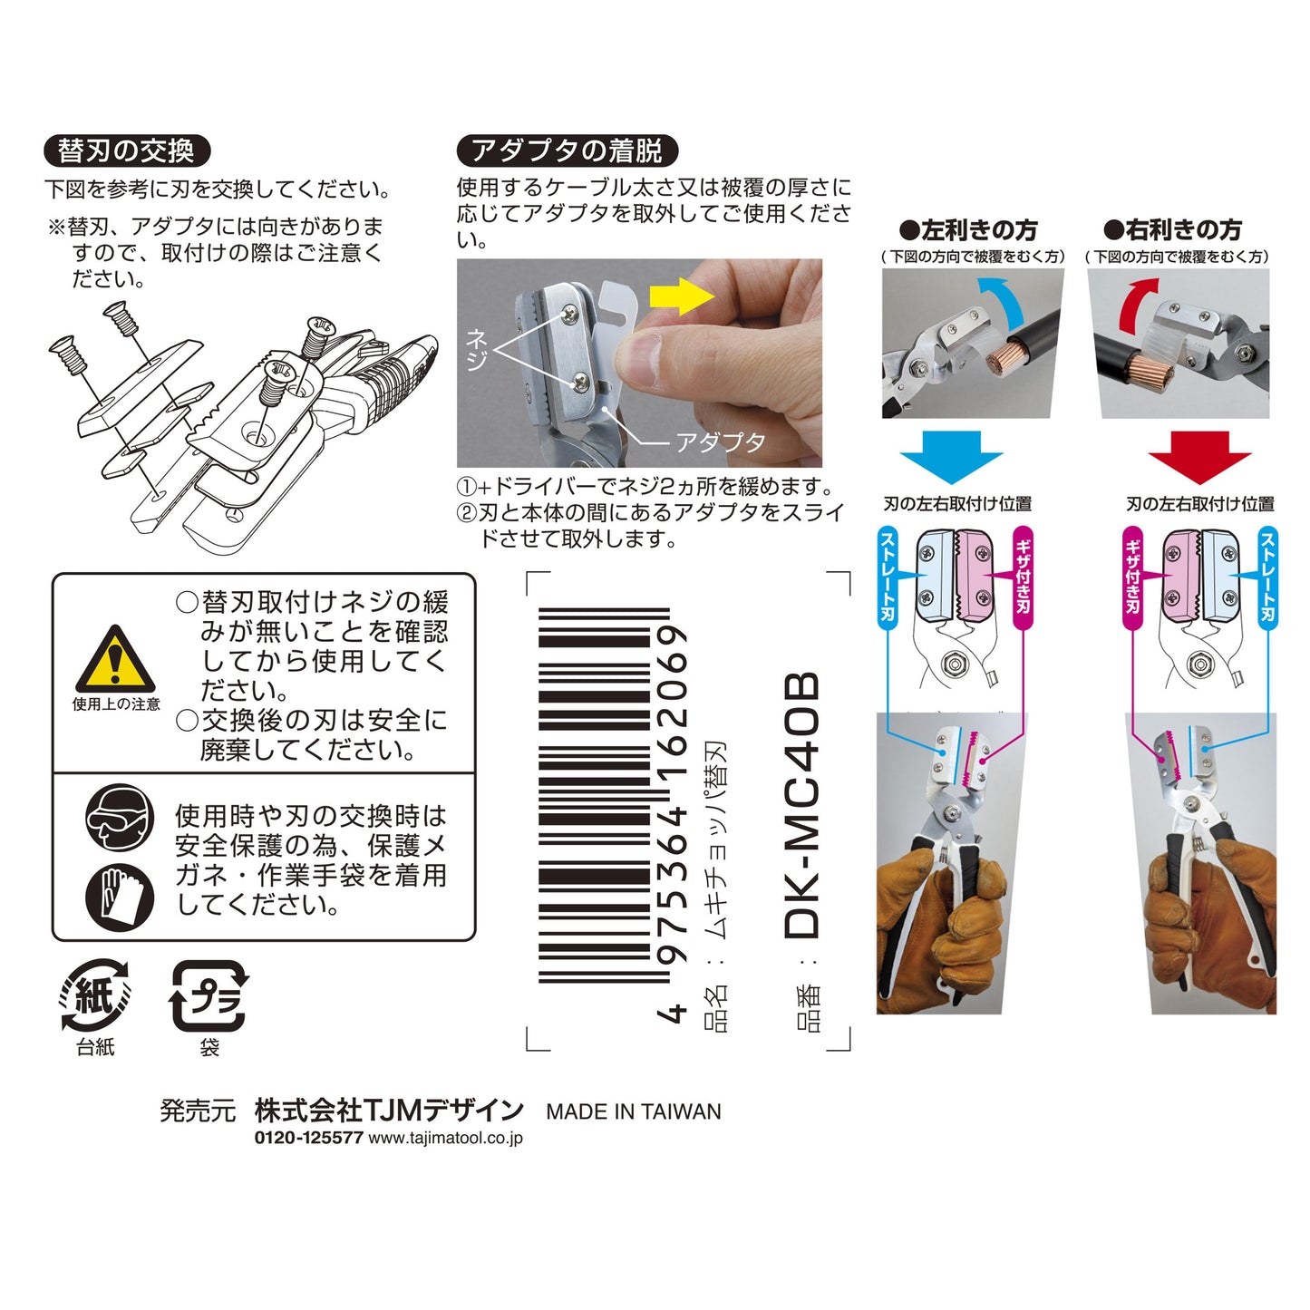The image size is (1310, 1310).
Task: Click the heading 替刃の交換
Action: (x=126, y=150)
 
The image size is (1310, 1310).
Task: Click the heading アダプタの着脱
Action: (x=567, y=150)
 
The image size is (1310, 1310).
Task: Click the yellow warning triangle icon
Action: (x=114, y=660)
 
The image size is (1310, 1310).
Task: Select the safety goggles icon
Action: (x=120, y=817)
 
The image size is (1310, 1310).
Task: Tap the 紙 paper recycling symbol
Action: (x=95, y=995)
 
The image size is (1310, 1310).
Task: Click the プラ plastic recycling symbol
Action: (x=209, y=996)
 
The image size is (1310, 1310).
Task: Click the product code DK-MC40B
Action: (x=802, y=805)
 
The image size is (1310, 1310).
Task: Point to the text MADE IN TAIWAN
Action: (x=634, y=1111)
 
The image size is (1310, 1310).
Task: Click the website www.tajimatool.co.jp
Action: (x=445, y=1139)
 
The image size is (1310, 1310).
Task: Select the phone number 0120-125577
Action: (x=308, y=1139)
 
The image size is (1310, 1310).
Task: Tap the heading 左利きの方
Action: (x=968, y=230)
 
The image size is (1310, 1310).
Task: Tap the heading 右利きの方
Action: (x=1172, y=230)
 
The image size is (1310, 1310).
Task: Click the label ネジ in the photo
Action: (x=476, y=350)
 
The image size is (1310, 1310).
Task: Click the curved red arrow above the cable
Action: (x=1137, y=303)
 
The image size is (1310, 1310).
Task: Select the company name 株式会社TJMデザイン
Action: (x=389, y=1111)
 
